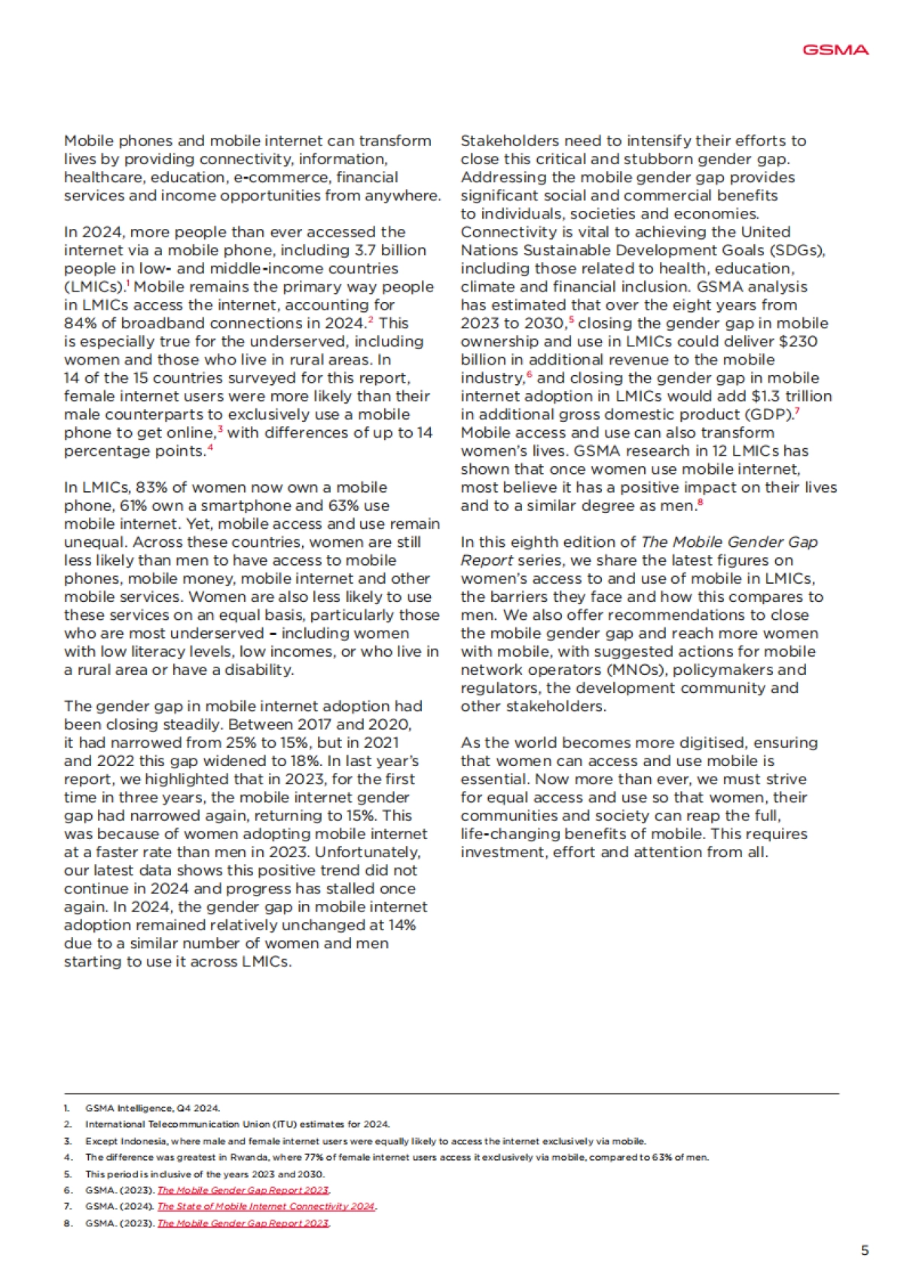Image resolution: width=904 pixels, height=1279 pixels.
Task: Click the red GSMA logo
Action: (x=835, y=50)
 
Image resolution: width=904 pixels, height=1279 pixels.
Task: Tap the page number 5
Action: (x=864, y=1250)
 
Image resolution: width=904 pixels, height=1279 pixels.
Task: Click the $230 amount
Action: (x=798, y=341)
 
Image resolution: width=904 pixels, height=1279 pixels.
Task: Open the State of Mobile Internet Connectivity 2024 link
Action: (x=265, y=1206)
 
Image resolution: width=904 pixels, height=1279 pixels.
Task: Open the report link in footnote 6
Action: (x=243, y=1190)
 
